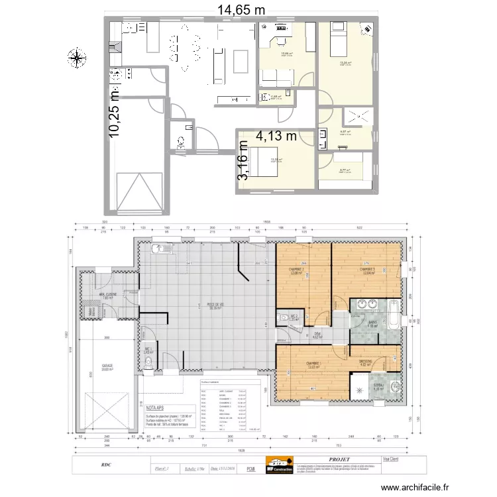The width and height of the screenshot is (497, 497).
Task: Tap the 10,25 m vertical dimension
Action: click(116, 113)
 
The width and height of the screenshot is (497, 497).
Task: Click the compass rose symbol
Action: click(78, 58)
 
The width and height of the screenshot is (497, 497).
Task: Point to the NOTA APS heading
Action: click(157, 409)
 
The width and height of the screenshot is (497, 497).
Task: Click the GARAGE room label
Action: click(107, 365)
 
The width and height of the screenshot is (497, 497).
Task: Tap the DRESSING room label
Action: click(365, 361)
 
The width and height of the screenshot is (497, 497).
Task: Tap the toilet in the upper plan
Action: click(181, 141)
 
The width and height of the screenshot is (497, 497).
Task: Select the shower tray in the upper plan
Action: click(358, 117)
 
